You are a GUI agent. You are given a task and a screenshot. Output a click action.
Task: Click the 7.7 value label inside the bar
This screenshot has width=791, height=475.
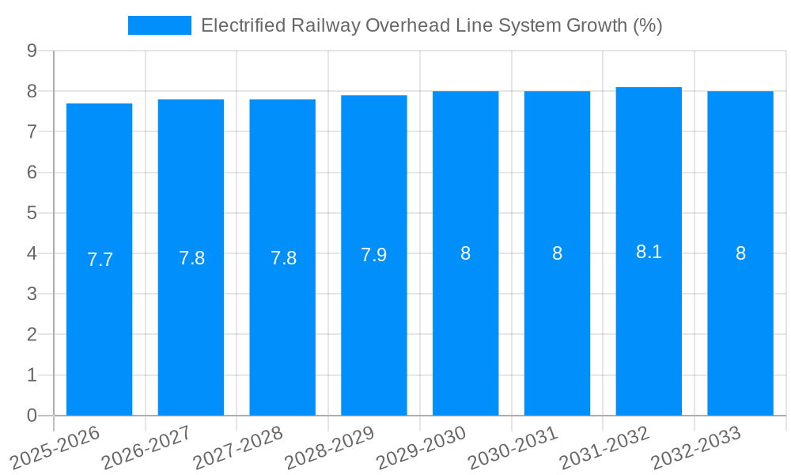pos(100,260)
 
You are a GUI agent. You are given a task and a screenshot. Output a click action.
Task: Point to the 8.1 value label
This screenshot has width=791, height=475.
pos(649,252)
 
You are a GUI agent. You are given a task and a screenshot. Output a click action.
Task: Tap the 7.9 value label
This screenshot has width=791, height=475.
pos(374,256)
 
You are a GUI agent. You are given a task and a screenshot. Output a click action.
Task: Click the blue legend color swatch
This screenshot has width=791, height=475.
pos(160,25)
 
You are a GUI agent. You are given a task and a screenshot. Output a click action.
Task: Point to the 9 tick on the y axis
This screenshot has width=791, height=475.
pos(32,51)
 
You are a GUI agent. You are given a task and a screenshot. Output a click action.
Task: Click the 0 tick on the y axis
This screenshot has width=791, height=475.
pos(32,416)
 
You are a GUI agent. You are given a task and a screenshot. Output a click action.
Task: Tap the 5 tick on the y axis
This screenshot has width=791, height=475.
pos(32,213)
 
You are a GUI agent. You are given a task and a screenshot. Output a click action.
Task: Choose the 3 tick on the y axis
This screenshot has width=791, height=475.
pos(32,294)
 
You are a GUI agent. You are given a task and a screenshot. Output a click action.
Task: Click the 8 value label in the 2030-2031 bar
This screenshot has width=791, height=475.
pos(557,253)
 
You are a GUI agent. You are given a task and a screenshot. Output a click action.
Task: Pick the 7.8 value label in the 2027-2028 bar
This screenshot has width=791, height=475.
pos(283,258)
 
